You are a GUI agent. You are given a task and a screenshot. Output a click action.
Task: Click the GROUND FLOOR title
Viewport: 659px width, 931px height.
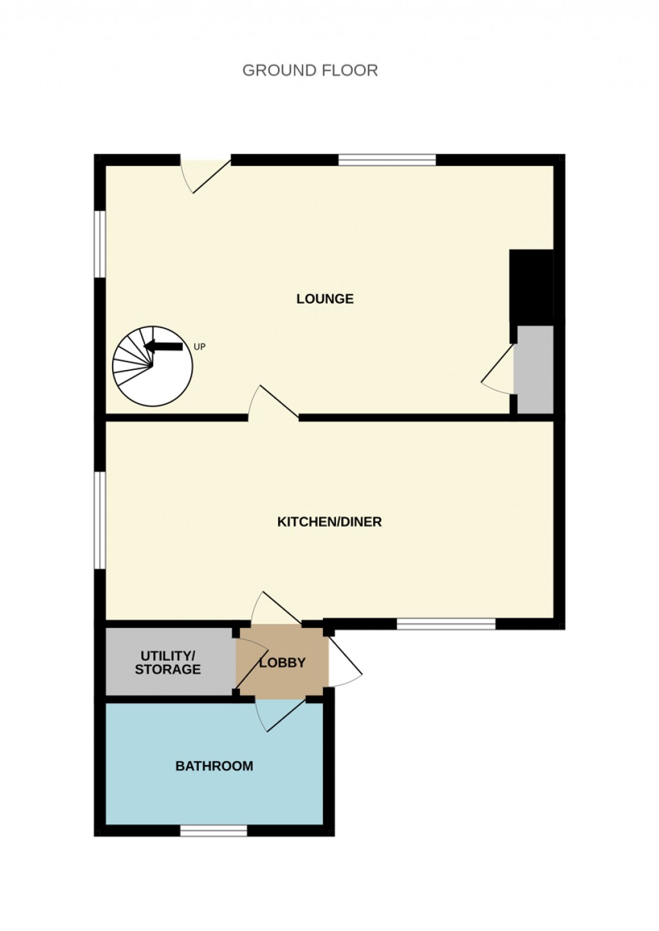pyautogui.click(x=310, y=70)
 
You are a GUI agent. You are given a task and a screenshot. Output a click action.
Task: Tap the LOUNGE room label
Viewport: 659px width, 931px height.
pyautogui.click(x=325, y=299)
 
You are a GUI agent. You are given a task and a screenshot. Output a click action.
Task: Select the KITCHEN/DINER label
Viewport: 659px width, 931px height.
pyautogui.click(x=329, y=521)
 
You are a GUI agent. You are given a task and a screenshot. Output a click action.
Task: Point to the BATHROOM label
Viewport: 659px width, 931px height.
pyautogui.click(x=214, y=766)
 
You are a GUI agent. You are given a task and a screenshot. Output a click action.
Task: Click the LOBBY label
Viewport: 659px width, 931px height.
pyautogui.click(x=283, y=663)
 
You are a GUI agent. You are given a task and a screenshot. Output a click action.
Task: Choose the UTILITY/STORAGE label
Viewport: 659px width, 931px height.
pyautogui.click(x=167, y=663)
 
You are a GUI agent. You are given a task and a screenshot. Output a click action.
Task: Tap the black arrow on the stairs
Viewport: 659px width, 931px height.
pyautogui.click(x=163, y=346)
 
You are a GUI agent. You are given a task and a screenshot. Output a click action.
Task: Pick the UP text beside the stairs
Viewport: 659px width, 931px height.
pyautogui.click(x=200, y=347)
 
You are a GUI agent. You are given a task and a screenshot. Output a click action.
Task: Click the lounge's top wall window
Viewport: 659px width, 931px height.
pyautogui.click(x=387, y=160)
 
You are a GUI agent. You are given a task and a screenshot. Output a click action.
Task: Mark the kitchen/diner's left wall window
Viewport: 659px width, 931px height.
pyautogui.click(x=100, y=521)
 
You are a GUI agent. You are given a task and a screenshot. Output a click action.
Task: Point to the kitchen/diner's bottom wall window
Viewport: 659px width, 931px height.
pyautogui.click(x=446, y=623)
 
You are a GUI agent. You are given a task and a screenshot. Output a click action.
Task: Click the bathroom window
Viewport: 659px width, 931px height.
pyautogui.click(x=214, y=831)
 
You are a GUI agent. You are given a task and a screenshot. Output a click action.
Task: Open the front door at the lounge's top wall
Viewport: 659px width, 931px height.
pyautogui.click(x=205, y=174)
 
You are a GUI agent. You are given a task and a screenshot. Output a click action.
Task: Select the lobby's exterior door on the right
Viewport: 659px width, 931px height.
pyautogui.click(x=344, y=661)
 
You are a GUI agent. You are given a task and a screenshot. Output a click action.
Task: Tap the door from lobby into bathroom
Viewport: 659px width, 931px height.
pyautogui.click(x=281, y=714)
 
